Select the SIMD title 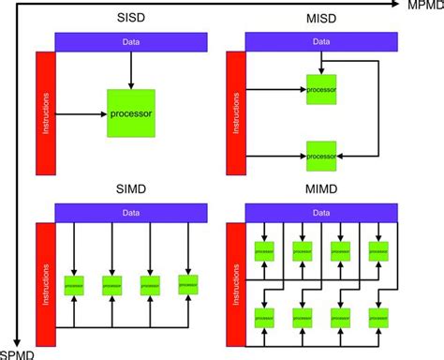131,189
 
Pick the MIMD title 320,189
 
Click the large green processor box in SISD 130,113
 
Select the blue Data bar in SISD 130,42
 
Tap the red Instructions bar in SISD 46,112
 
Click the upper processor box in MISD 320,90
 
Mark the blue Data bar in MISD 320,42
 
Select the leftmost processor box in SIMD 75,282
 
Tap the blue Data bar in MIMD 320,213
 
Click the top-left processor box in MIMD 265,252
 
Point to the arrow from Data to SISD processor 130,69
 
